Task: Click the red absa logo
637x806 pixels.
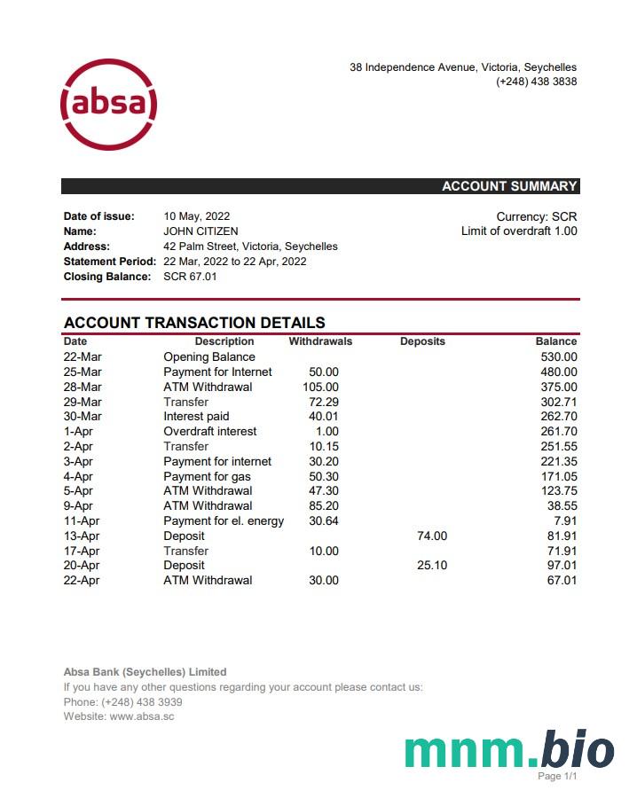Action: tap(108, 105)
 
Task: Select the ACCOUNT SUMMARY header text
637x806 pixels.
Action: tap(509, 186)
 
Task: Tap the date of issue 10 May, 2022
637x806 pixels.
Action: tap(196, 216)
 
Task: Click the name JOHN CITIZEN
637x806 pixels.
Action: tap(201, 231)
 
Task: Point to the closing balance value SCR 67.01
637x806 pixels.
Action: tap(190, 277)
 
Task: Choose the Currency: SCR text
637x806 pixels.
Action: tap(536, 216)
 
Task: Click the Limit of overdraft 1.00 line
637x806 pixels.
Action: tap(518, 231)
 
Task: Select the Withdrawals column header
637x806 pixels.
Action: tap(320, 341)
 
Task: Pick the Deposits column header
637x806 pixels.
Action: tap(422, 341)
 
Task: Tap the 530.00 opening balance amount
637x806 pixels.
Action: tap(559, 357)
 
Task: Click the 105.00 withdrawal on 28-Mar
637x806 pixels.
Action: tap(320, 387)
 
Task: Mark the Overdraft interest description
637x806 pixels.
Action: tap(210, 432)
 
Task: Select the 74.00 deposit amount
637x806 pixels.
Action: tap(432, 536)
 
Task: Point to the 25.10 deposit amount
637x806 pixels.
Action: tap(432, 566)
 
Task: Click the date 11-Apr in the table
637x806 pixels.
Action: tap(82, 521)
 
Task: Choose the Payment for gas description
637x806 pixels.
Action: tap(207, 477)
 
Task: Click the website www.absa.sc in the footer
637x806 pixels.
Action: tap(142, 716)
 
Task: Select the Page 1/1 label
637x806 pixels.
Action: tap(557, 777)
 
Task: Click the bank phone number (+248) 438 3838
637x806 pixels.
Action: tap(536, 82)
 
